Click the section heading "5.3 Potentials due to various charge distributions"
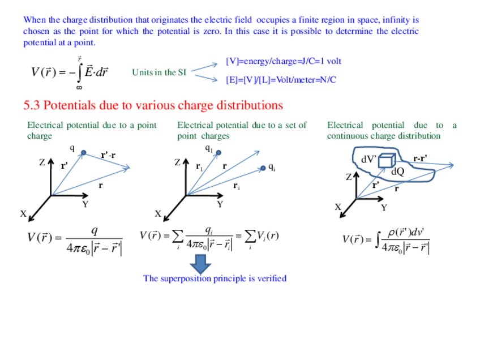[153, 106]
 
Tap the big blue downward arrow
[200, 264]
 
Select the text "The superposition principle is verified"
[215, 278]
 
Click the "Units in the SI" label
[159, 72]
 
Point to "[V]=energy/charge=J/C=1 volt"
[283, 61]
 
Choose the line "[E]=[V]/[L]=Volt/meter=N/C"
[281, 80]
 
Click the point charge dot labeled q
[83, 153]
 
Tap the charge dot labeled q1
[218, 152]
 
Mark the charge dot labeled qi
[263, 168]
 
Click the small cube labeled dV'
[385, 161]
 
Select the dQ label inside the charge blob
[398, 171]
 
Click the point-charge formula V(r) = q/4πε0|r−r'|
[75, 239]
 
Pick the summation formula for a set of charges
[209, 238]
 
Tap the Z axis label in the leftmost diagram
[42, 163]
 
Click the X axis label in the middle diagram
[158, 214]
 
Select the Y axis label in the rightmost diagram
[384, 208]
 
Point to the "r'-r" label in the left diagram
[108, 156]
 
